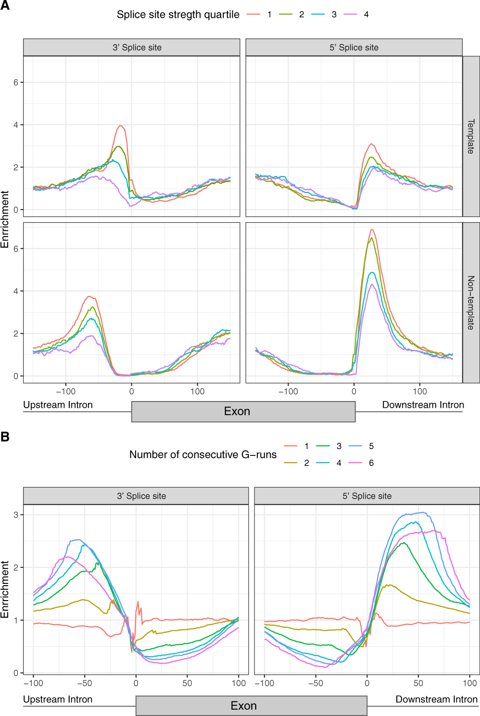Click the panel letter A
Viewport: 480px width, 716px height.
coord(5,5)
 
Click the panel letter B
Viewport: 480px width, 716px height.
coord(5,437)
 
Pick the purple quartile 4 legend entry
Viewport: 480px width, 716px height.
coord(358,14)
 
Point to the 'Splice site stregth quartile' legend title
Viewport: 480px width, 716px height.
coord(178,14)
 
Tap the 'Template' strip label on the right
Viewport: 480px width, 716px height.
coord(471,137)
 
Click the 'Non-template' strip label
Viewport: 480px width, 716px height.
coord(471,302)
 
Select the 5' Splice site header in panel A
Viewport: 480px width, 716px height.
coord(354,48)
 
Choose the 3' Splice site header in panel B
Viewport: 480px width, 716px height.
coord(141,496)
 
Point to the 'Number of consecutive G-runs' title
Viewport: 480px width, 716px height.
coord(203,454)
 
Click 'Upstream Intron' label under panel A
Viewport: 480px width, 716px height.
coord(58,405)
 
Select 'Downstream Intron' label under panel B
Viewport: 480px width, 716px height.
coord(436,699)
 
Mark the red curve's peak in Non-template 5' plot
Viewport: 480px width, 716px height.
coord(372,230)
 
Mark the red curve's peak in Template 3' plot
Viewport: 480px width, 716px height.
coord(121,126)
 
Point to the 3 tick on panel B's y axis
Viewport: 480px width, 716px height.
coord(16,515)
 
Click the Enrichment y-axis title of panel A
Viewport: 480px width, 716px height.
coord(5,219)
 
